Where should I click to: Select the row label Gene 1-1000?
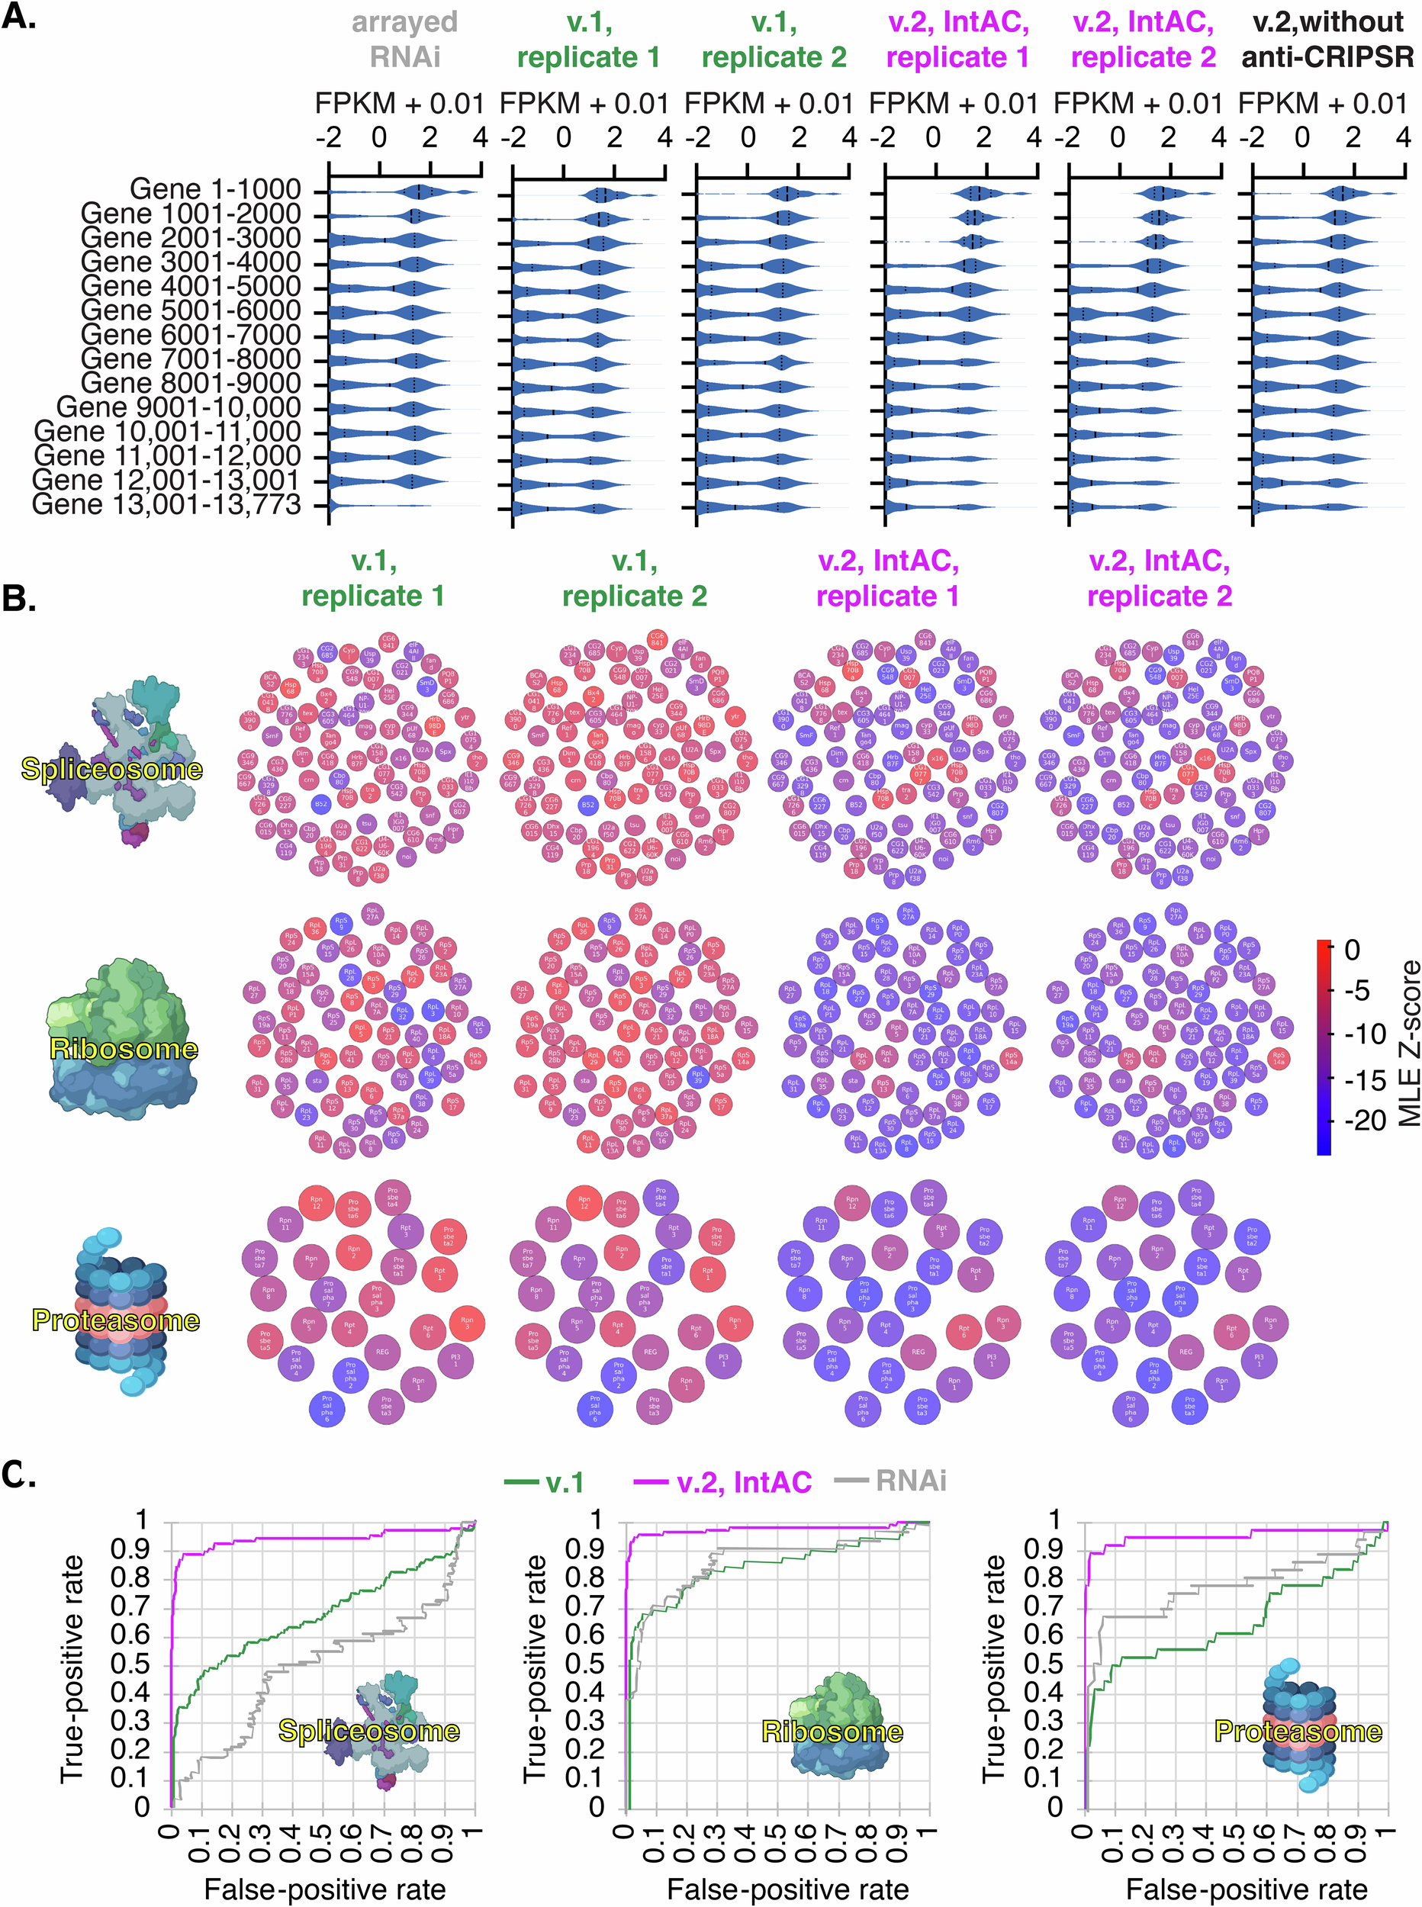(215, 189)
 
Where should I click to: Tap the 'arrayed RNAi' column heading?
(404, 40)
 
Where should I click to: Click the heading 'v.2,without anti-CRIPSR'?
(1327, 40)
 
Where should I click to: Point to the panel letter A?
(19, 18)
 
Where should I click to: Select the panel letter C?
(19, 1474)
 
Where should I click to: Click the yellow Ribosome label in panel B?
(124, 1048)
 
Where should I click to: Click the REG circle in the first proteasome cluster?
(382, 1352)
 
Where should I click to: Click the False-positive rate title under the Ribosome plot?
(787, 1889)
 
